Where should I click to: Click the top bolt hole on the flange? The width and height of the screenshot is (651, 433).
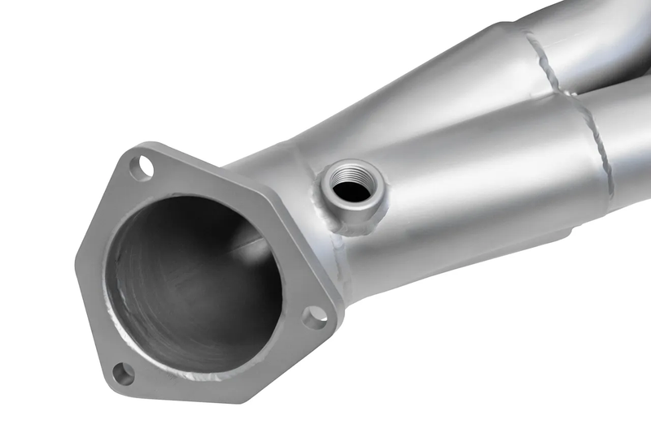pos(142,168)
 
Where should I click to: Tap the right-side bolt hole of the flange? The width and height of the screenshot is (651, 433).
pos(315,317)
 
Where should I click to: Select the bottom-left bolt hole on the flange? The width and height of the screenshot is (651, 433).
pos(123,374)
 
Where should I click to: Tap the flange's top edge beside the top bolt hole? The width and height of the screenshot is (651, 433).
pos(175,154)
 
